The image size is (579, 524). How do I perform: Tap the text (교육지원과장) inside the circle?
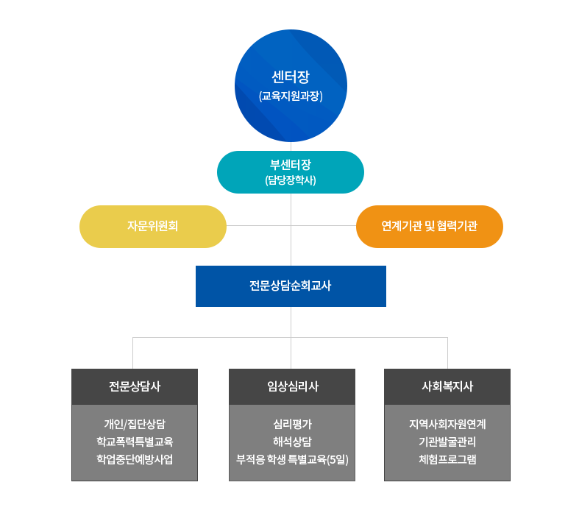[x=291, y=96]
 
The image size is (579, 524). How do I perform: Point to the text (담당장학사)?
[x=291, y=180]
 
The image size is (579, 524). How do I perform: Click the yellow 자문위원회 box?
[x=153, y=226]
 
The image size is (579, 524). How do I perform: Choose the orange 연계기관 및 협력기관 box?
[x=430, y=226]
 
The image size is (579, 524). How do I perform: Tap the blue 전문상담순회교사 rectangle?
[x=291, y=286]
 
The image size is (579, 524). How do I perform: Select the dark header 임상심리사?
[x=292, y=386]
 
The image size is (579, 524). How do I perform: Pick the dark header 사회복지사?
[x=447, y=386]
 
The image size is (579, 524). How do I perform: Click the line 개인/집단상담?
[x=135, y=424]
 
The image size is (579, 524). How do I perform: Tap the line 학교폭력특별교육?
[x=135, y=442]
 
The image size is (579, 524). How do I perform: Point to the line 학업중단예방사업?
[x=135, y=459]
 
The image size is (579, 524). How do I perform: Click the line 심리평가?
[x=292, y=424]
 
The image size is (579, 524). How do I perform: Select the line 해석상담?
[x=292, y=442]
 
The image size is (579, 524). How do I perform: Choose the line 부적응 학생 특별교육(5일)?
[x=292, y=459]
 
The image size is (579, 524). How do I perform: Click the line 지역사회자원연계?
[x=447, y=424]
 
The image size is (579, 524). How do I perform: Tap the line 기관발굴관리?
[x=447, y=442]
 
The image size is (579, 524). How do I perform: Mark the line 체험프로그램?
[x=447, y=459]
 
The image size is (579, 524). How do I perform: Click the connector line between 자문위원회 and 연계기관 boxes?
[x=257, y=225]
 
